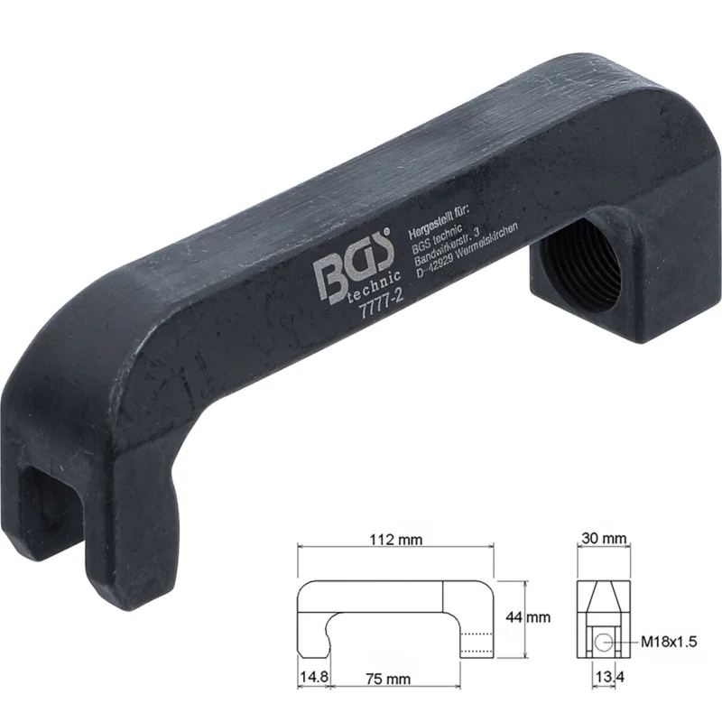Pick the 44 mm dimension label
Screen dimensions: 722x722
tap(529, 617)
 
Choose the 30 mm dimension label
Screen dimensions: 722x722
tap(603, 539)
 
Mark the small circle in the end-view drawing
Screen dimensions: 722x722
tap(603, 643)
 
